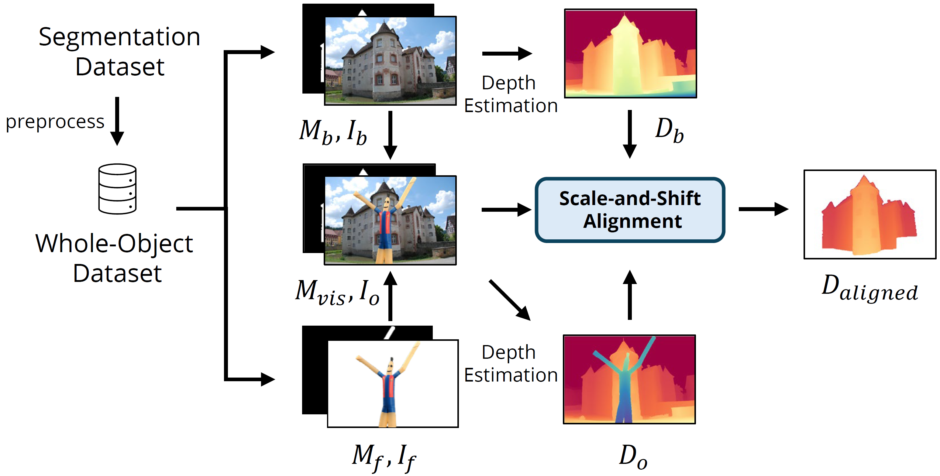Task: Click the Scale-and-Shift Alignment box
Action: (x=629, y=210)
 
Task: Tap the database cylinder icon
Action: (x=117, y=189)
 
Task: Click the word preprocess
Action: (x=55, y=122)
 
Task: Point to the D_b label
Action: (x=669, y=131)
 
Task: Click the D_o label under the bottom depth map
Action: (x=633, y=456)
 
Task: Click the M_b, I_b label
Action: (x=333, y=132)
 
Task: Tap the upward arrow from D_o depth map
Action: (x=629, y=295)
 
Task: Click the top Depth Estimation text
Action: (x=510, y=94)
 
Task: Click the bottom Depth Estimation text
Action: (x=510, y=364)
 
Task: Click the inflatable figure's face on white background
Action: (x=390, y=367)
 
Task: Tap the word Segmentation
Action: (x=119, y=37)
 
